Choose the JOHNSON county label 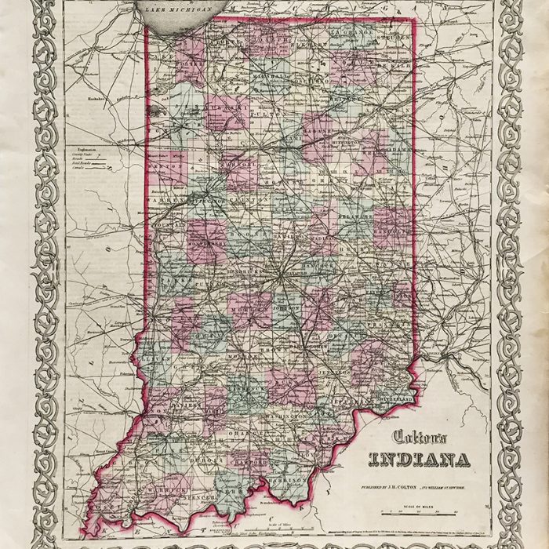click(x=284, y=308)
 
